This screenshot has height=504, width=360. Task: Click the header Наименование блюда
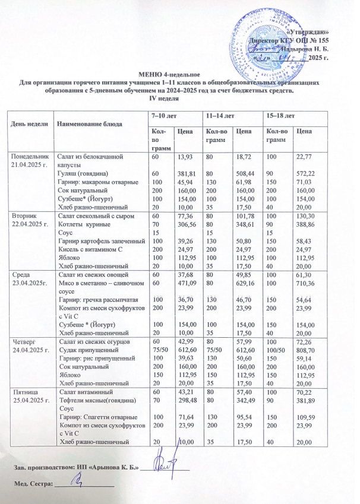(89, 124)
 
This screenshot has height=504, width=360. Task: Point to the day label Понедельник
(28, 156)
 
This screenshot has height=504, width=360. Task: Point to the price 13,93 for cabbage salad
(182, 156)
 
